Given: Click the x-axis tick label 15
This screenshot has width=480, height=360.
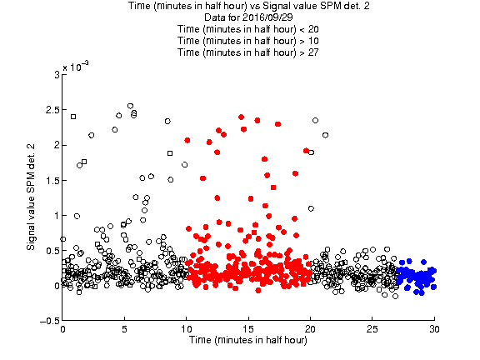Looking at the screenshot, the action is (x=248, y=329).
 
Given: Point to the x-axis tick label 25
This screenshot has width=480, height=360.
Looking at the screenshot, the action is (x=372, y=329).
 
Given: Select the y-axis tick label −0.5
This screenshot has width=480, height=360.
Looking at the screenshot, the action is (x=50, y=321).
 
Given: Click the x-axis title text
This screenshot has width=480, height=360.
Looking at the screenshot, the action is (x=248, y=340).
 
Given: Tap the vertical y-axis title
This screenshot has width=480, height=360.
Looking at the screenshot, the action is (x=31, y=197).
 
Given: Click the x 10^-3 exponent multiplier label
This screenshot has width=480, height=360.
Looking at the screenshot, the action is (x=76, y=66).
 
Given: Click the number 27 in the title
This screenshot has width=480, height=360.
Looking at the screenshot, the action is (x=313, y=52).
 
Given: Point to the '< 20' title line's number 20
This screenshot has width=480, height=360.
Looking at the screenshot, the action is (x=313, y=29).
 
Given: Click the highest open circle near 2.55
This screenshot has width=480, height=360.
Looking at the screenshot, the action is (x=130, y=106).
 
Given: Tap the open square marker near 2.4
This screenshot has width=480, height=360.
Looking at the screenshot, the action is (x=73, y=117).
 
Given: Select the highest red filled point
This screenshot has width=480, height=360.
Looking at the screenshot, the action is (x=241, y=117).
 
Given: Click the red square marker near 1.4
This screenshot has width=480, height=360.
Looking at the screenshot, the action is (x=273, y=187).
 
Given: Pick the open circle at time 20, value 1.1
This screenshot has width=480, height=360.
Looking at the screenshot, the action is (x=311, y=208).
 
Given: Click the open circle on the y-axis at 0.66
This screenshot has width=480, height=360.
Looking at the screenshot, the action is (x=62, y=239).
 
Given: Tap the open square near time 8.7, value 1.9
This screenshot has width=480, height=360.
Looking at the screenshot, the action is (x=170, y=153).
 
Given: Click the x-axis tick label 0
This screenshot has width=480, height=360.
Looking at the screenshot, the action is (x=62, y=329).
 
